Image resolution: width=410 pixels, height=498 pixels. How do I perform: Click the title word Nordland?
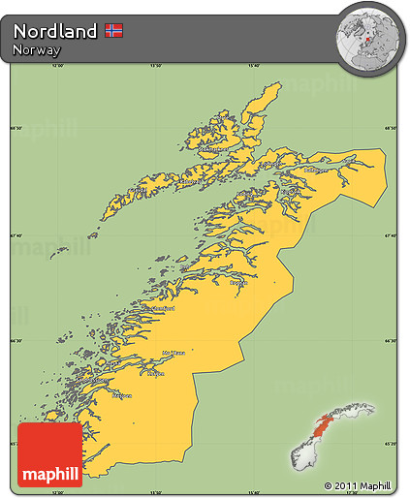55,31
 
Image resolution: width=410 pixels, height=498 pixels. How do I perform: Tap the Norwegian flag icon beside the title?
112,31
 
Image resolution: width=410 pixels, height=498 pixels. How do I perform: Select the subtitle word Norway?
37,50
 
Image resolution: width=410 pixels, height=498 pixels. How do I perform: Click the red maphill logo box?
50,454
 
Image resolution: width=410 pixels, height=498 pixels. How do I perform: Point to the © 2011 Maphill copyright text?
359,484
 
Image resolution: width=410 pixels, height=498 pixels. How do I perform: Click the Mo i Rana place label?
175,353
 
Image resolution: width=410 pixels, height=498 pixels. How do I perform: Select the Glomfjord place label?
159,308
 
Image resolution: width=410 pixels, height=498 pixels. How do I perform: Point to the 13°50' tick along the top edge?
155,67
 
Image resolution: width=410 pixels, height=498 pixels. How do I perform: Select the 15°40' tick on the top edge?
254,67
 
